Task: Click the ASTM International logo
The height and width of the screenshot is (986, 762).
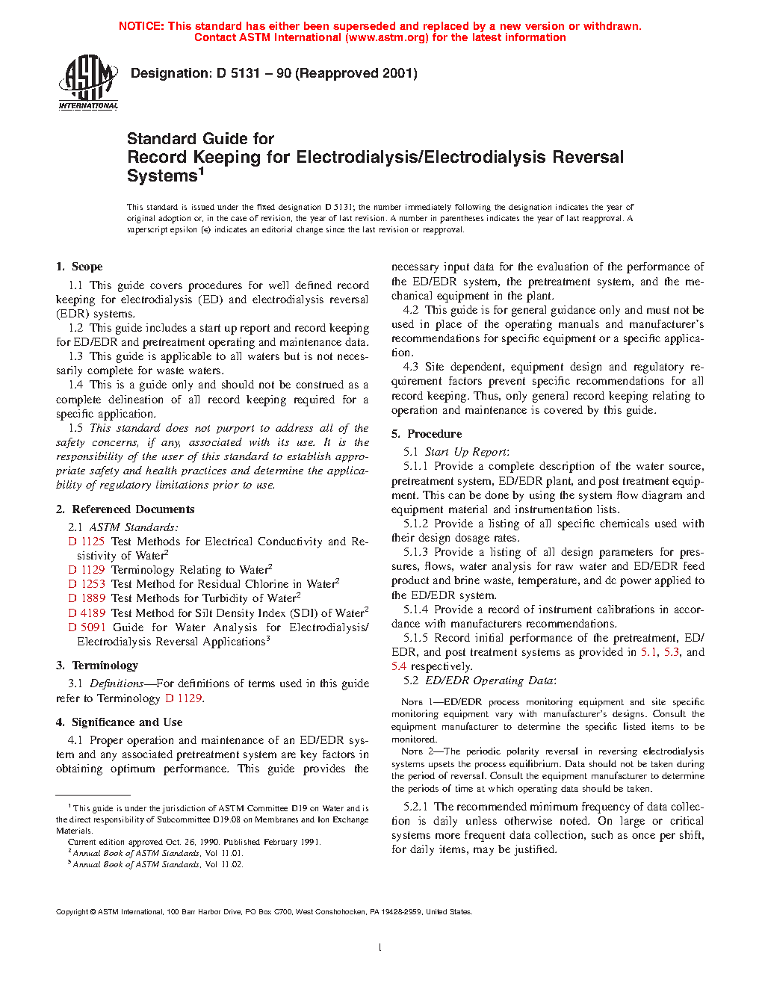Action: [x=88, y=82]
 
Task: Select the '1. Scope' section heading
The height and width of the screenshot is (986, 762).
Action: [x=79, y=267]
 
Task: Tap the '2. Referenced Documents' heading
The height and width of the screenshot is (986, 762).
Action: [x=125, y=509]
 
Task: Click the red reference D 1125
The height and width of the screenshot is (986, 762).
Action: [x=87, y=542]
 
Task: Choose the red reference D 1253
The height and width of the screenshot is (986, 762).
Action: [x=87, y=584]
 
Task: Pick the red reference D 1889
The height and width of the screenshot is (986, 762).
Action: [x=87, y=598]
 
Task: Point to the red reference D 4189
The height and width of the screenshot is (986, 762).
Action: [x=87, y=613]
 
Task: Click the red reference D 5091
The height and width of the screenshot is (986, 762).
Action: [x=87, y=627]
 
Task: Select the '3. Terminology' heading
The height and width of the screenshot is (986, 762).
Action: [x=97, y=666]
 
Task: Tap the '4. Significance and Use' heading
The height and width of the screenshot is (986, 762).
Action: [x=119, y=722]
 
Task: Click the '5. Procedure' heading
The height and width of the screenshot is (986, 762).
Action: [x=427, y=434]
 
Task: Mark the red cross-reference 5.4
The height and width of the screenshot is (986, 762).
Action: [x=399, y=666]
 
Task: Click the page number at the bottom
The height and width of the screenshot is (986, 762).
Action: [x=380, y=948]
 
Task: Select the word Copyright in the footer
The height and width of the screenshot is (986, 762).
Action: [x=72, y=912]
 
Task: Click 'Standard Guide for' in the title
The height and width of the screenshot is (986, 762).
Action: [x=200, y=139]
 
